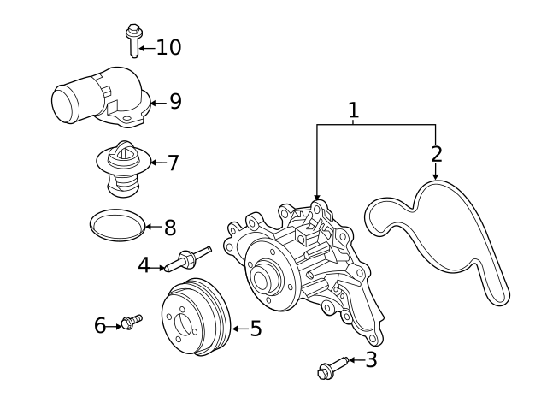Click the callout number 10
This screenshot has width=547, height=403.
pos(168,48)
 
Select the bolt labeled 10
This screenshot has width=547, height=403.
pos(133,41)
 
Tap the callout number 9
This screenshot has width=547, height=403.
pos(175,102)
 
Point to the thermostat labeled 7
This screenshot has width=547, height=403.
pos(122,168)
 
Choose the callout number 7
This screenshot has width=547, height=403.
pos(173,163)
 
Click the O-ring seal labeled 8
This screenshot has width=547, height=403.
pos(116,225)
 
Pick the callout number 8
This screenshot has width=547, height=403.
pos(169,228)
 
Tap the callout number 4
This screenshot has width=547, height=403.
pos(144,266)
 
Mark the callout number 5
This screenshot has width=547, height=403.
pos(256,329)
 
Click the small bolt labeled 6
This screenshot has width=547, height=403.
pos(131,322)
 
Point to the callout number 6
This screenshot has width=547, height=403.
pos(100,326)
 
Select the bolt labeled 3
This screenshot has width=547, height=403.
pos(332,367)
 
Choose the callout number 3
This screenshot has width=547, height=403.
pos(371,360)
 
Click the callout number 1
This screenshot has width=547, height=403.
pos(353,110)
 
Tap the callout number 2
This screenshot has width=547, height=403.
pos(436,154)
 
